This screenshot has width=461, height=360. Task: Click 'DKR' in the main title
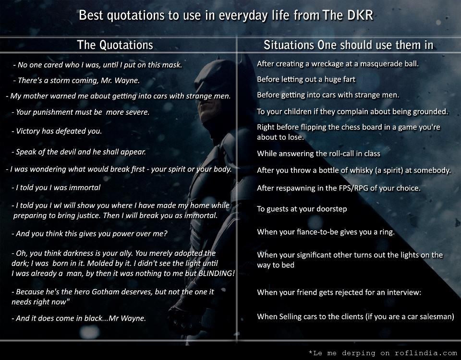[x=360, y=15]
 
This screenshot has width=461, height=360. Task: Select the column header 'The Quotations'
[x=115, y=45]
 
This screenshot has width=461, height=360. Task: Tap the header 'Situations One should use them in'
[x=349, y=45]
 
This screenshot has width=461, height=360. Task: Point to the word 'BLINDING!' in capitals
[x=217, y=273]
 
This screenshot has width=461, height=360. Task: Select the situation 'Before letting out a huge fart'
[x=306, y=79]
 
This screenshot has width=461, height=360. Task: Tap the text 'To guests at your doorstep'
[x=302, y=209]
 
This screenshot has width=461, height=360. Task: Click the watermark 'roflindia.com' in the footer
[x=426, y=353]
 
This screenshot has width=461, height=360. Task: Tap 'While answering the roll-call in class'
[x=319, y=154]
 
